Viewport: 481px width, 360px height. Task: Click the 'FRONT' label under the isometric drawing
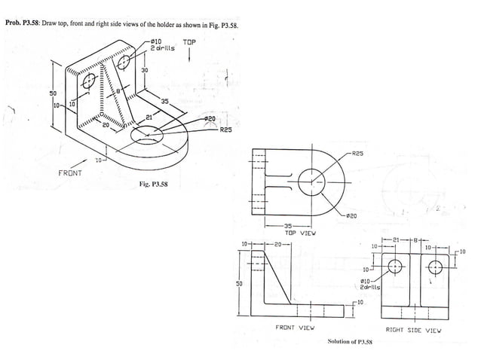pos(71,173)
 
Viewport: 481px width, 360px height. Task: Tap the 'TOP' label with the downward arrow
pos(188,43)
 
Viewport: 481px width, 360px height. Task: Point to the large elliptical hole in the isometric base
pos(149,136)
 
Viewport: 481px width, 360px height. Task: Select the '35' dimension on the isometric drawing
pos(164,101)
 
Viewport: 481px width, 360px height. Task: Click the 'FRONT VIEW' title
pos(295,328)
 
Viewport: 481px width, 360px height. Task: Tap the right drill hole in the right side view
pos(435,266)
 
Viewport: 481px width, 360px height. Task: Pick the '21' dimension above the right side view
pos(397,240)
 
